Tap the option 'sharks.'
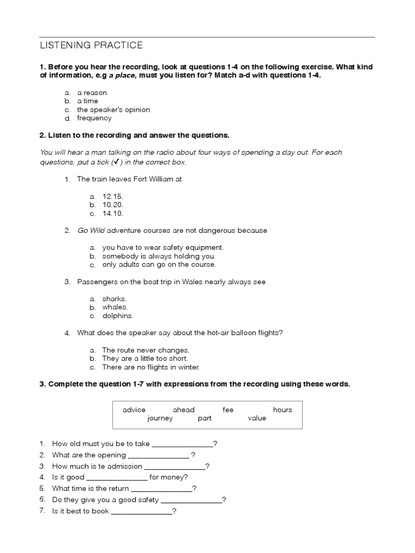click(114, 299)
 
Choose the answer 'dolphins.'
click(117, 316)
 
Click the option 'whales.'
click(115, 307)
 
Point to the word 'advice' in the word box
click(134, 410)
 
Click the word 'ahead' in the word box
click(183, 410)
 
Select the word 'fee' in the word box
click(228, 410)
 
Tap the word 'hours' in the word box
click(282, 410)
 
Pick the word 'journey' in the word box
click(160, 419)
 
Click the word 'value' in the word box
click(257, 419)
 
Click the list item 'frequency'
click(94, 118)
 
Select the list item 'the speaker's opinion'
click(113, 110)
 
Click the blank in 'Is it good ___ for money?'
click(117, 477)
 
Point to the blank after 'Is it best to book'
click(141, 511)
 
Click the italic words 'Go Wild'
click(91, 231)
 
